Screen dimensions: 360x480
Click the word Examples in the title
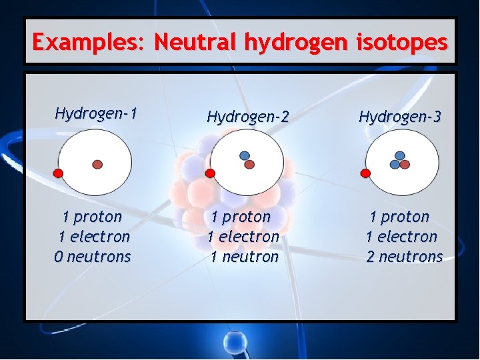(89, 43)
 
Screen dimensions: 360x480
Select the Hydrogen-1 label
(96, 113)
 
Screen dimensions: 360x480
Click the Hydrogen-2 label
(247, 117)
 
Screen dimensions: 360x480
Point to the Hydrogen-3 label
(399, 117)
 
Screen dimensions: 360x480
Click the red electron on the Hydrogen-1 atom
(58, 173)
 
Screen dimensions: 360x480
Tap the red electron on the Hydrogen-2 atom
(210, 173)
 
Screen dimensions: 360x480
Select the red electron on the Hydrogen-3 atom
(365, 173)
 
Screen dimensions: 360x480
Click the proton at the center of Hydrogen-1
(97, 164)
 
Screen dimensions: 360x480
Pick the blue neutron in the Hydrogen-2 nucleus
(245, 156)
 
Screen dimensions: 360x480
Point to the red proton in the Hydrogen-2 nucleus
(250, 164)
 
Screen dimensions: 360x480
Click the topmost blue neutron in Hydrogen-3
(400, 155)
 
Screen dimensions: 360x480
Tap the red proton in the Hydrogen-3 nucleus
(405, 164)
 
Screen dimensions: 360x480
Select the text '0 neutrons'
(93, 257)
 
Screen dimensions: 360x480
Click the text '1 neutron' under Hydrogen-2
(244, 257)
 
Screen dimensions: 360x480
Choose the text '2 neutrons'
(404, 257)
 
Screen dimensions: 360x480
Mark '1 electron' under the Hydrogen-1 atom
(94, 237)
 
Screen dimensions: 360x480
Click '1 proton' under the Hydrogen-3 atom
(399, 217)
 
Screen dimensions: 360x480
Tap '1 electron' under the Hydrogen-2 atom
(243, 237)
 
